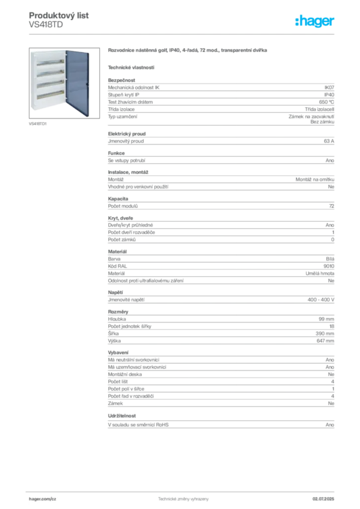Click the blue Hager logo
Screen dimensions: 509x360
coord(316,21)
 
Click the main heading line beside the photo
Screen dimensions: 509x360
coord(189,51)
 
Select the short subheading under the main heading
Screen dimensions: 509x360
coord(131,67)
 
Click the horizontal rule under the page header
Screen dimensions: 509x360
coord(183,34)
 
